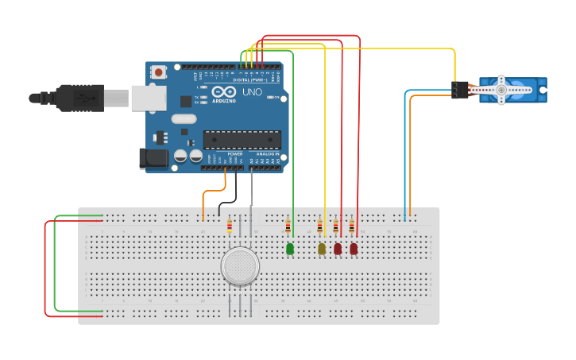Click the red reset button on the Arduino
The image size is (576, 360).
point(159,72)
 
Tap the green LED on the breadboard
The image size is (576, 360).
point(289,249)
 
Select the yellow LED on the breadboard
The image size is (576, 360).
point(322,249)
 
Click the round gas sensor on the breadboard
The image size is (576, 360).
point(240,266)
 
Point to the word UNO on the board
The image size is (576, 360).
point(252,92)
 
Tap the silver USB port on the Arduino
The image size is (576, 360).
point(148,98)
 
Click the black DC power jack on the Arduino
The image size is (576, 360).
point(153,158)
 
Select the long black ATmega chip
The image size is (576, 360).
point(242,140)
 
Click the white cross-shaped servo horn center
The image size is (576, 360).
point(501,90)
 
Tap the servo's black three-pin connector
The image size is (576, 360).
point(459,91)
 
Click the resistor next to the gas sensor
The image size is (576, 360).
point(230,226)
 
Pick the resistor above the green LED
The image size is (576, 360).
point(288,227)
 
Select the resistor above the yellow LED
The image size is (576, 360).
point(320,227)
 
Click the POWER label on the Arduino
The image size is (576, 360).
point(235,153)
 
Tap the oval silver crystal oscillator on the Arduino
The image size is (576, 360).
point(184,119)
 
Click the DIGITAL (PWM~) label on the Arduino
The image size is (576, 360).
point(250,80)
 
